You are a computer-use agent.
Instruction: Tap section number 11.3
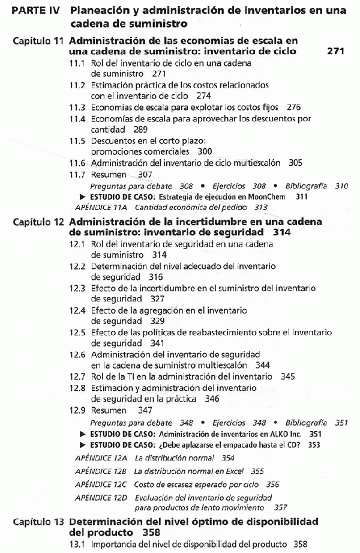[77, 107]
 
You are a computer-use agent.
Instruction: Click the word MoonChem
[274, 196]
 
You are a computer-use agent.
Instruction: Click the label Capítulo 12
[38, 222]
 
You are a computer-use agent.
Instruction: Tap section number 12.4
[77, 310]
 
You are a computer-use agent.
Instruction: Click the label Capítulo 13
[38, 521]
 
